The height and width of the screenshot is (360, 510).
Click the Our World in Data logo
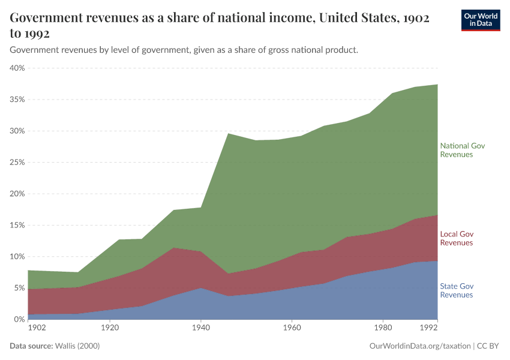[480, 20]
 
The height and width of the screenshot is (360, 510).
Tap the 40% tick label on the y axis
[17, 68]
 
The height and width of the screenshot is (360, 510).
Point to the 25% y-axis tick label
[17, 163]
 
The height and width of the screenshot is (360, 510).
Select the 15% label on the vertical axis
[17, 225]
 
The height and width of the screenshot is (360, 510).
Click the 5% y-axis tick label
[19, 288]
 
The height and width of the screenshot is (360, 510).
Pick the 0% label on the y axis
[19, 319]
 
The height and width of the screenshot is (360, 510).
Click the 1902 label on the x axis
[37, 328]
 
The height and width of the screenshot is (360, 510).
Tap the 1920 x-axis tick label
[109, 328]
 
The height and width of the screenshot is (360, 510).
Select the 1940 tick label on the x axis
[200, 328]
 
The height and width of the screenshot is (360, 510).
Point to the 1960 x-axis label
[292, 328]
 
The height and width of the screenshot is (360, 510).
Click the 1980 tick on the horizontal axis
[383, 328]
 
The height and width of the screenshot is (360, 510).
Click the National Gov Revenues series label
[462, 150]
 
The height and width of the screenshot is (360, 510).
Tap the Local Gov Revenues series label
[457, 238]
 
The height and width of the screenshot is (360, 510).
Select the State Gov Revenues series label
[457, 290]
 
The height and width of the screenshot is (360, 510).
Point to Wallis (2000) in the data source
[77, 346]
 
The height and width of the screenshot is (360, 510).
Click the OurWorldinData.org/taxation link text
[419, 346]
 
